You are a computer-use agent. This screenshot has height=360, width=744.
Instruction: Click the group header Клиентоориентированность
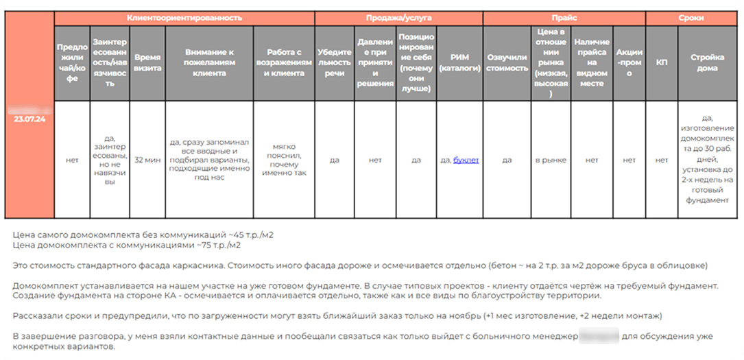(x=184, y=18)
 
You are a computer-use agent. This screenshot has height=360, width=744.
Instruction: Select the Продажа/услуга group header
(x=398, y=18)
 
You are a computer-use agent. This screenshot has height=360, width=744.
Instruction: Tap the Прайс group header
(x=564, y=18)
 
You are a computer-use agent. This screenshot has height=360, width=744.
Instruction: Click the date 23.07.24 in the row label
(x=29, y=118)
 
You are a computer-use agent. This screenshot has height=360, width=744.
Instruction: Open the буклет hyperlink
(x=466, y=160)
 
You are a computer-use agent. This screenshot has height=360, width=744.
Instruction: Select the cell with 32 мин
(x=147, y=160)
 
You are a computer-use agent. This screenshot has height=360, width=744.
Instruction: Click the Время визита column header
(x=147, y=63)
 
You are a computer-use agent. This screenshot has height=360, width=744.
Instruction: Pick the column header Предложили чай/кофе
(x=72, y=63)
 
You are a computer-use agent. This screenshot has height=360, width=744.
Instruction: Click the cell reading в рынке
(x=551, y=160)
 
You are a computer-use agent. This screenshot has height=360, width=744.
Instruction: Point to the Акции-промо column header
(x=629, y=63)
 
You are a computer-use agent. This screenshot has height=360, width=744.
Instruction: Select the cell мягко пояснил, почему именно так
(x=284, y=160)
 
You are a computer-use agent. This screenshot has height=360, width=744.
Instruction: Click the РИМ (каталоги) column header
(x=459, y=63)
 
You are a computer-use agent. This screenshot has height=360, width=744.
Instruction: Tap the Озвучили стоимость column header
(x=507, y=63)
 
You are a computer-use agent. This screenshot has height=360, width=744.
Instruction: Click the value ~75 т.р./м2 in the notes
(x=212, y=244)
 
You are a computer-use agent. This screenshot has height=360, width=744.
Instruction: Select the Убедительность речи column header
(x=334, y=63)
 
